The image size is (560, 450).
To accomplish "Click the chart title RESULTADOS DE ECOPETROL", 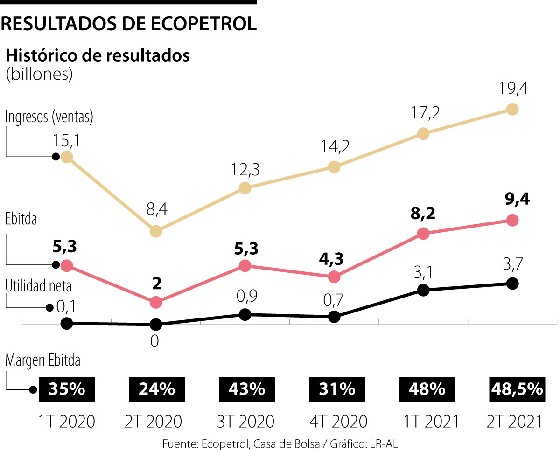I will pos(129,24).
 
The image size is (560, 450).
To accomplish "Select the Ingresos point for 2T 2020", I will pos(156,231).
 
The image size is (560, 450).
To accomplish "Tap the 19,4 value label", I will pos(511,88).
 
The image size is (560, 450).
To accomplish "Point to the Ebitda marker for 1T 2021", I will pos(423,234).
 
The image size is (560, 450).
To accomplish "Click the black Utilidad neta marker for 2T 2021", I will pos(512,283).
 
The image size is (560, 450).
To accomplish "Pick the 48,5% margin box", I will pos(517,389).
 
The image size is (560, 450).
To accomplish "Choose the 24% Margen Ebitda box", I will pos(156,389).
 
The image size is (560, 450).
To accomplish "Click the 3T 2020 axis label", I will pos(245,422).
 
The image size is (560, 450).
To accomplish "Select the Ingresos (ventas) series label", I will pos(49,117).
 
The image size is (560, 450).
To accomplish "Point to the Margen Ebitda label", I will pos(42,360).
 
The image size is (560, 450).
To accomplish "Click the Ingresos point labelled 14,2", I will pos(334,166).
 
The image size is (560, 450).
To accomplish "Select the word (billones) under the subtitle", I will pos(39,75).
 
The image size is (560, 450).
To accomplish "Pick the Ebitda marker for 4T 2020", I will pos(334,277).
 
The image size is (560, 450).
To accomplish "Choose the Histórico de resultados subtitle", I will pos(98,55).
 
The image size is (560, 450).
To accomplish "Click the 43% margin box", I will pos(245,389).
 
